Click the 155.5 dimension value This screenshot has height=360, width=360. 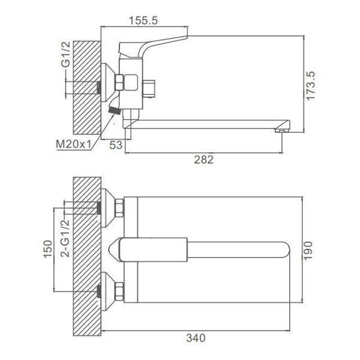click(x=143, y=20)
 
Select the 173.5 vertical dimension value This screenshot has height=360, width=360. click(x=311, y=86)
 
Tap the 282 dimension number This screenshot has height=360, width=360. click(x=204, y=160)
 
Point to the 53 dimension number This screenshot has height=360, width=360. click(x=116, y=145)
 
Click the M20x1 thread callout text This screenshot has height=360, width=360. click(x=73, y=144)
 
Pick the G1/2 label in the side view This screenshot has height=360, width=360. click(x=65, y=55)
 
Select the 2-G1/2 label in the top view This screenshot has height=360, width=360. click(x=65, y=238)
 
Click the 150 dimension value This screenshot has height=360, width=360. click(x=48, y=249)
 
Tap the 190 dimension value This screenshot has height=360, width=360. click(x=308, y=251)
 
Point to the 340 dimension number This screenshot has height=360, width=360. click(x=196, y=338)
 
